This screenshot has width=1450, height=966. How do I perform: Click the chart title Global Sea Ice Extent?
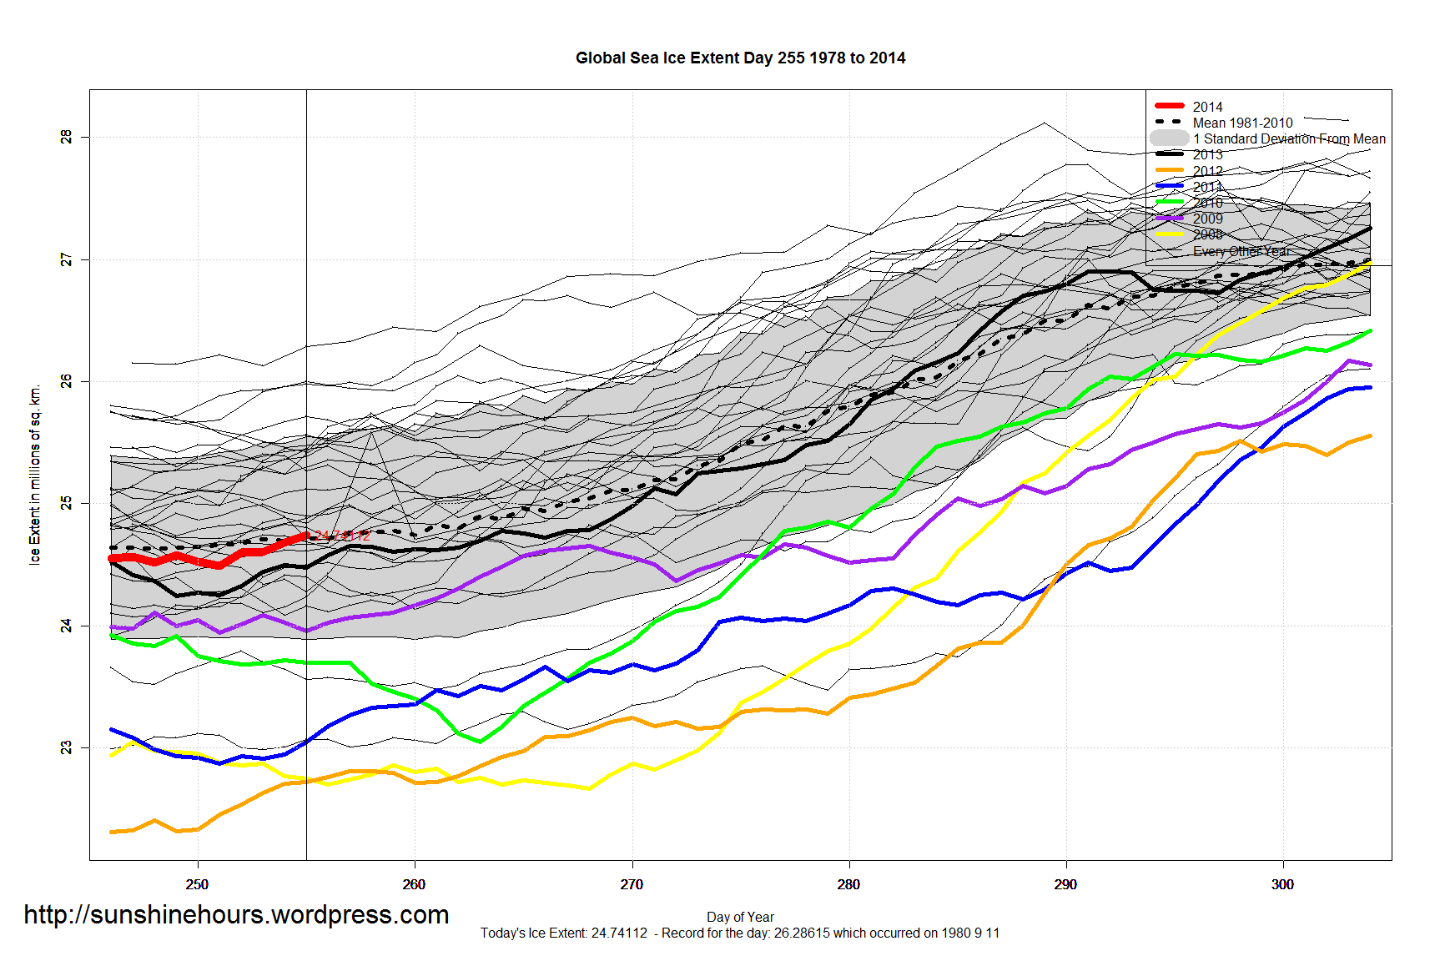[740, 58]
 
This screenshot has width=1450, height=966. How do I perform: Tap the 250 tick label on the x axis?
[198, 884]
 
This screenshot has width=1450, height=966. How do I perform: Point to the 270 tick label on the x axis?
[632, 884]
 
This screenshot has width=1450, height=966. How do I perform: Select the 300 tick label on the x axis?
[1282, 884]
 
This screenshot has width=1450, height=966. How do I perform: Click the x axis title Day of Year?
[740, 917]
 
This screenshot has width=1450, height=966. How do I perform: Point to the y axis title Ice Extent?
[35, 475]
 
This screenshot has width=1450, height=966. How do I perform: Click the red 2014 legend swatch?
[1170, 106]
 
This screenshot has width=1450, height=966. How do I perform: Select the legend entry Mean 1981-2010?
[1242, 123]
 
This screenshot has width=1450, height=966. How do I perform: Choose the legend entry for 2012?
[1207, 171]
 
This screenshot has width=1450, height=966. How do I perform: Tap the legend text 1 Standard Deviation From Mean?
[1289, 138]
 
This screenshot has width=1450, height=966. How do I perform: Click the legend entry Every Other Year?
[1241, 251]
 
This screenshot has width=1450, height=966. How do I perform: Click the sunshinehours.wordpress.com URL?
[236, 914]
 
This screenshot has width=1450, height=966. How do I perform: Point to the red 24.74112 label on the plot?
[342, 536]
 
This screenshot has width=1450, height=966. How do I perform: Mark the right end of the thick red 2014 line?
[306, 536]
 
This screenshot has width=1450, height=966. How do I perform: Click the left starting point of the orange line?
[112, 832]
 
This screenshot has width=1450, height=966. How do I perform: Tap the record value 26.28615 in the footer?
[802, 933]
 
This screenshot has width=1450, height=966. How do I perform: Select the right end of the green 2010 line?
[1370, 331]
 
